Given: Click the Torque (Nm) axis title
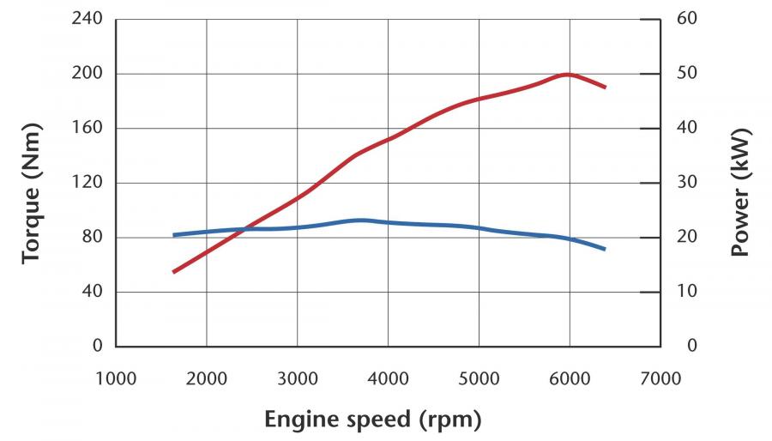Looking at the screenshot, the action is tap(32, 193).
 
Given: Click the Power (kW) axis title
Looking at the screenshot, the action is tap(740, 192).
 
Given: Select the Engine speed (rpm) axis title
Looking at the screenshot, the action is tap(373, 420).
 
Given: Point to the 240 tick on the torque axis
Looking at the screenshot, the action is tap(87, 19).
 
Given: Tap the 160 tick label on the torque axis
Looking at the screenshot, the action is tap(87, 128).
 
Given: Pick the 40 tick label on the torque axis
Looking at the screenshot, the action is tap(92, 292).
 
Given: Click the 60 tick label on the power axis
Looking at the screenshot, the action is tap(687, 19).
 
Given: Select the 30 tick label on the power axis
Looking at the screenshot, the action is tap(687, 183).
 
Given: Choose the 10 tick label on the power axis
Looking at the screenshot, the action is tap(687, 292).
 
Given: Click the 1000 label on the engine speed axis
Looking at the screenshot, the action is tap(116, 379).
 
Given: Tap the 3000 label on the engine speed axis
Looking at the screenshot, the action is tap(297, 379).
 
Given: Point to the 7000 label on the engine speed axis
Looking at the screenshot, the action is tap(660, 379).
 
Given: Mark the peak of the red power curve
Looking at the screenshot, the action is tap(568, 75).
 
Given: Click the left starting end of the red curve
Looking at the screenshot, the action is tap(174, 272).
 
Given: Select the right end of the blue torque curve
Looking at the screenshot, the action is tap(604, 249).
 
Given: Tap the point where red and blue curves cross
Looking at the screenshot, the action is tap(243, 228).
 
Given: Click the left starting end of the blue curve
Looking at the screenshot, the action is tap(174, 235).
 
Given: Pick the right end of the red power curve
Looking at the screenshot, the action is tap(605, 88).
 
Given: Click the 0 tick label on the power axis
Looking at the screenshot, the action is tap(691, 346).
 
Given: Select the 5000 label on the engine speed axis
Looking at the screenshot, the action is tap(479, 379).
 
